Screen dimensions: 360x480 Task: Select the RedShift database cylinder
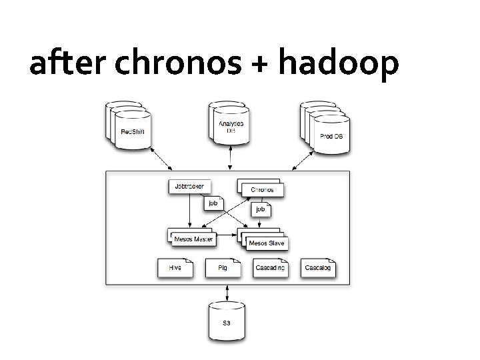[132, 129]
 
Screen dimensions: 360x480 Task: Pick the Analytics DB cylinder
[231, 126]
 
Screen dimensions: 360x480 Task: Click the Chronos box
[261, 189]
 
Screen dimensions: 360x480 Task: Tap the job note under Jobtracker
[213, 202]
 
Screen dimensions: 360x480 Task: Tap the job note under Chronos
[261, 209]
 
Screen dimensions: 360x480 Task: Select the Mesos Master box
[193, 238]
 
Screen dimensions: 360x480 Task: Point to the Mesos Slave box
[266, 243]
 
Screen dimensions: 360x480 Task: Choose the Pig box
[222, 268]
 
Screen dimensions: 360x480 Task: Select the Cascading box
[270, 268]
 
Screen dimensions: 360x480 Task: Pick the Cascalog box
[317, 268]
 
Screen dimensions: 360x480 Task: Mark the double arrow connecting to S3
[228, 293]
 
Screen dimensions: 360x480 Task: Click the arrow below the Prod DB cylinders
[301, 159]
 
